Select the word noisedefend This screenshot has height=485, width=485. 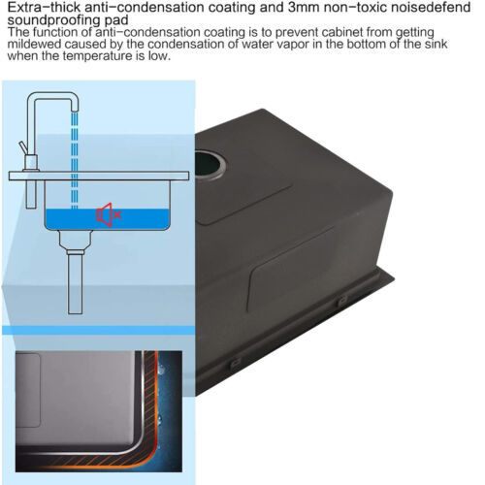click(430, 7)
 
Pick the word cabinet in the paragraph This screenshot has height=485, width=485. click(331, 32)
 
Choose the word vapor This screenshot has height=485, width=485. click(294, 45)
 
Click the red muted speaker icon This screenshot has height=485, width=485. click(105, 214)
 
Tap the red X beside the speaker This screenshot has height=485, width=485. click(117, 214)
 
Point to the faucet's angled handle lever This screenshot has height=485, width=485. click(22, 148)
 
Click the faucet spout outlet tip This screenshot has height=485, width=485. click(75, 110)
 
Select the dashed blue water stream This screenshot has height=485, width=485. click(75, 160)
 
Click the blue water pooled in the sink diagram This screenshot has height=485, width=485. click(107, 219)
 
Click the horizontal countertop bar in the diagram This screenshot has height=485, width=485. click(99, 176)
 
